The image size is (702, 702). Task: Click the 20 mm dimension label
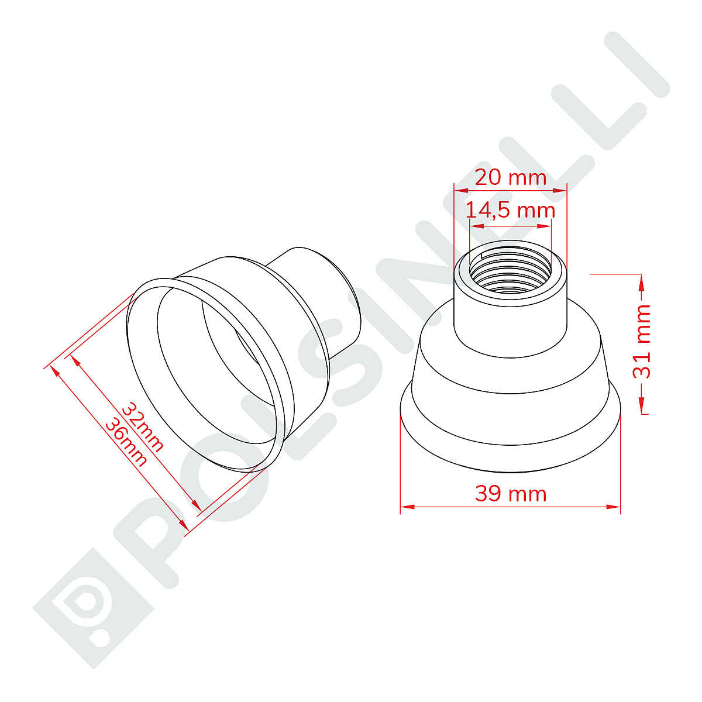510,178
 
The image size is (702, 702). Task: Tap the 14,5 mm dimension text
510,211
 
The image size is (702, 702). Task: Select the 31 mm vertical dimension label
642,342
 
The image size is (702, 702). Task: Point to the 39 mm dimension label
510,494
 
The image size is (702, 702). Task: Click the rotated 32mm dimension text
142,427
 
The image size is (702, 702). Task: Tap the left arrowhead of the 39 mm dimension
408,507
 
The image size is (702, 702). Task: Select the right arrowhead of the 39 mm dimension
612,507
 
